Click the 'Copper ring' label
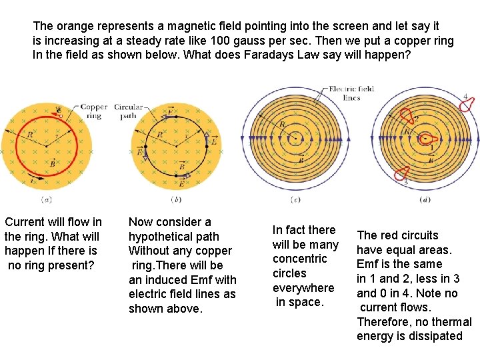pyautogui.click(x=94, y=111)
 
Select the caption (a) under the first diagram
pyautogui.click(x=47, y=199)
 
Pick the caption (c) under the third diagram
pyautogui.click(x=295, y=199)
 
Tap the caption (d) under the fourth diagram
pyautogui.click(x=425, y=199)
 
